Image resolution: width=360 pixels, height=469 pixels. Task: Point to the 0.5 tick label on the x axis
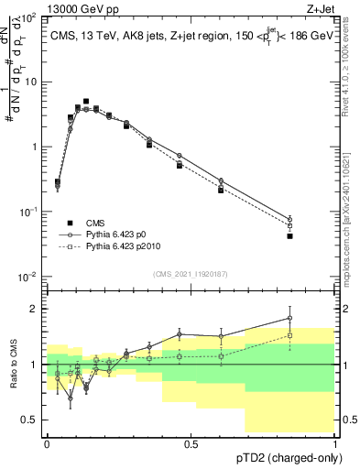pos(191,443)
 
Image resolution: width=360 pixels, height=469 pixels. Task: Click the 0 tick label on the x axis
pos(47,443)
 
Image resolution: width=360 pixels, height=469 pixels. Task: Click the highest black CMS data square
pos(86,102)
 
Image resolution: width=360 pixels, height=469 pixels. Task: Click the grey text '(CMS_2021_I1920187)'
pos(191,273)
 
